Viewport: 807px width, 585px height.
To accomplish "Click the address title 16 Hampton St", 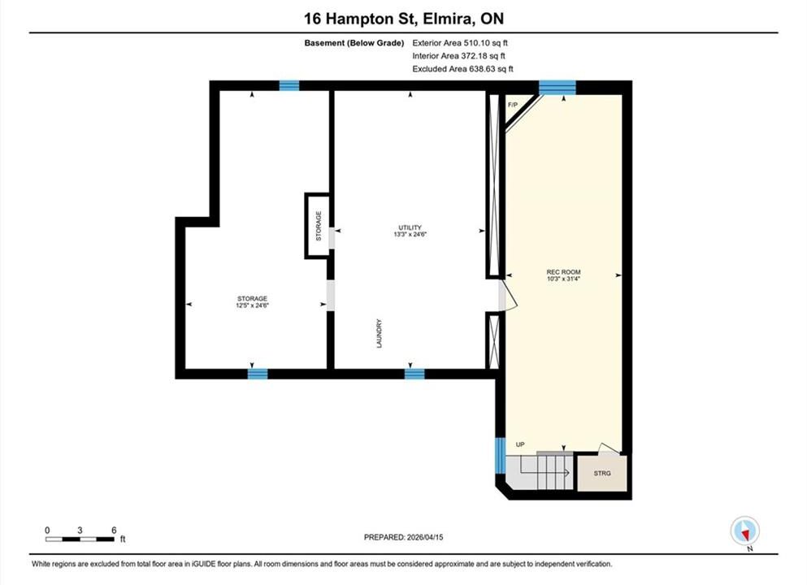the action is pyautogui.click(x=361, y=19).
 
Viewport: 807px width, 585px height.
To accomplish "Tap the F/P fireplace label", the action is pyautogui.click(x=513, y=105).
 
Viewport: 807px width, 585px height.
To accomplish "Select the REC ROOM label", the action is pyautogui.click(x=563, y=271).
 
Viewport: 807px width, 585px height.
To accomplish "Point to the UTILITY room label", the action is pyautogui.click(x=410, y=227).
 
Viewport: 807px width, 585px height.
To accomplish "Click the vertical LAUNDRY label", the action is pyautogui.click(x=380, y=333).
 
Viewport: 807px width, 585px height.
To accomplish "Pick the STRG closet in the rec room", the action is pyautogui.click(x=602, y=473).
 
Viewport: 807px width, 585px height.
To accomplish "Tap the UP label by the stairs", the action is pyautogui.click(x=520, y=444).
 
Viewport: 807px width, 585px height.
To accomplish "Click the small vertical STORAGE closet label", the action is pyautogui.click(x=319, y=226).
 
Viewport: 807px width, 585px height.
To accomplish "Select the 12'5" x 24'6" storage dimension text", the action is pyautogui.click(x=252, y=305).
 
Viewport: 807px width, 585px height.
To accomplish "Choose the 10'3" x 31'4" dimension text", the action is pyautogui.click(x=563, y=279).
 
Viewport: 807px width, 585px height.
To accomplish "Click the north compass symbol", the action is pyautogui.click(x=744, y=531).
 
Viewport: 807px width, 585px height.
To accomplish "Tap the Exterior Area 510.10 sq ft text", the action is pyautogui.click(x=460, y=43).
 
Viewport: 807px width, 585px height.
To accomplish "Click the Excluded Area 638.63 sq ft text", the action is pyautogui.click(x=462, y=69).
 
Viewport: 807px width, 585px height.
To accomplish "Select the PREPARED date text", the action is pyautogui.click(x=403, y=537).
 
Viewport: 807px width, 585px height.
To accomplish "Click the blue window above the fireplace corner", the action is pyautogui.click(x=558, y=88).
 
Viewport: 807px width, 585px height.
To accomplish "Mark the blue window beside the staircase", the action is pyautogui.click(x=500, y=455).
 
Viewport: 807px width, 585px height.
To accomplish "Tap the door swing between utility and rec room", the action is pyautogui.click(x=507, y=296).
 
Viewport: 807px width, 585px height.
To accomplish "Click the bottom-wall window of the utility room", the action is pyautogui.click(x=414, y=374).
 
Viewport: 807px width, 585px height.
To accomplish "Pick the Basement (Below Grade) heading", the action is pyautogui.click(x=354, y=43).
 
